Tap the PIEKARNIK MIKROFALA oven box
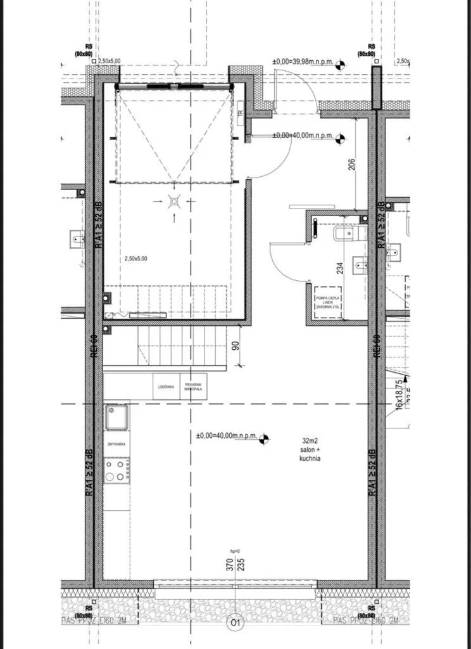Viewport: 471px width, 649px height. click(193, 387)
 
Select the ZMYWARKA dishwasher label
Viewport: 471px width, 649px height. click(116, 444)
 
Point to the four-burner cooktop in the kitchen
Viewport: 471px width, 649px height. click(116, 471)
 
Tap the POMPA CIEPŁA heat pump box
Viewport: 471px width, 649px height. click(329, 302)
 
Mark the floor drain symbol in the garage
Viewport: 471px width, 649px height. click(174, 202)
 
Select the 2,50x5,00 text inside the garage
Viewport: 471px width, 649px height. click(136, 259)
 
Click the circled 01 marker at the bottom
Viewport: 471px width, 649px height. click(235, 624)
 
